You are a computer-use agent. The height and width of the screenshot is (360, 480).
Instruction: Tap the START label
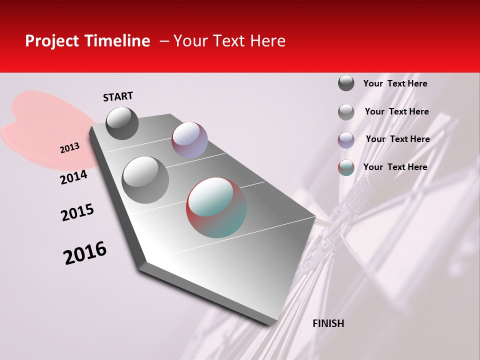(x=118, y=96)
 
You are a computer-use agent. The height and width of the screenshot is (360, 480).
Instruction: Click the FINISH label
(x=328, y=323)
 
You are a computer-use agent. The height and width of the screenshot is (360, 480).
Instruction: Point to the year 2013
(x=69, y=148)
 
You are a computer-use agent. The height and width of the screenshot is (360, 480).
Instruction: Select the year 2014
(x=73, y=177)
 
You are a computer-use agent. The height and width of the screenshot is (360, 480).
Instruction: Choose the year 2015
(x=77, y=212)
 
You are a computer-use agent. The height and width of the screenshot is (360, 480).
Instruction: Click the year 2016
(x=85, y=253)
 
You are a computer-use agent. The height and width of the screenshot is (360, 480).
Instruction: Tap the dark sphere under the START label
(x=122, y=123)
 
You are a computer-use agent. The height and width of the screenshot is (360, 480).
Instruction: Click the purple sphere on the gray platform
(x=189, y=140)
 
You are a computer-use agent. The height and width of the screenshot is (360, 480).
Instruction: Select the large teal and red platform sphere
(x=216, y=207)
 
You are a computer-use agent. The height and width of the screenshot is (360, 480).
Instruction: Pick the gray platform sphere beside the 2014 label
(x=145, y=180)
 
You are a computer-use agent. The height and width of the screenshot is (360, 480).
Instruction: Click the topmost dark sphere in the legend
(x=346, y=83)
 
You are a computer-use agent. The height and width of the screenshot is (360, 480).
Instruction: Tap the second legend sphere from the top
(x=346, y=112)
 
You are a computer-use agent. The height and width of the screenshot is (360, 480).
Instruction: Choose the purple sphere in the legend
(x=346, y=140)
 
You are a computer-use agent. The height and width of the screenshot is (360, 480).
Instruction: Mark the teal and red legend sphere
(x=346, y=167)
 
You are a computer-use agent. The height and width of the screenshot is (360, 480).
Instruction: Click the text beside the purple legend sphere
(x=397, y=139)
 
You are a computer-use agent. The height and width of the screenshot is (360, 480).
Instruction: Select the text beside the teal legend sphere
(x=395, y=167)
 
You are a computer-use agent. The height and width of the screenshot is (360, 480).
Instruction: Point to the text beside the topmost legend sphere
(x=395, y=83)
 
